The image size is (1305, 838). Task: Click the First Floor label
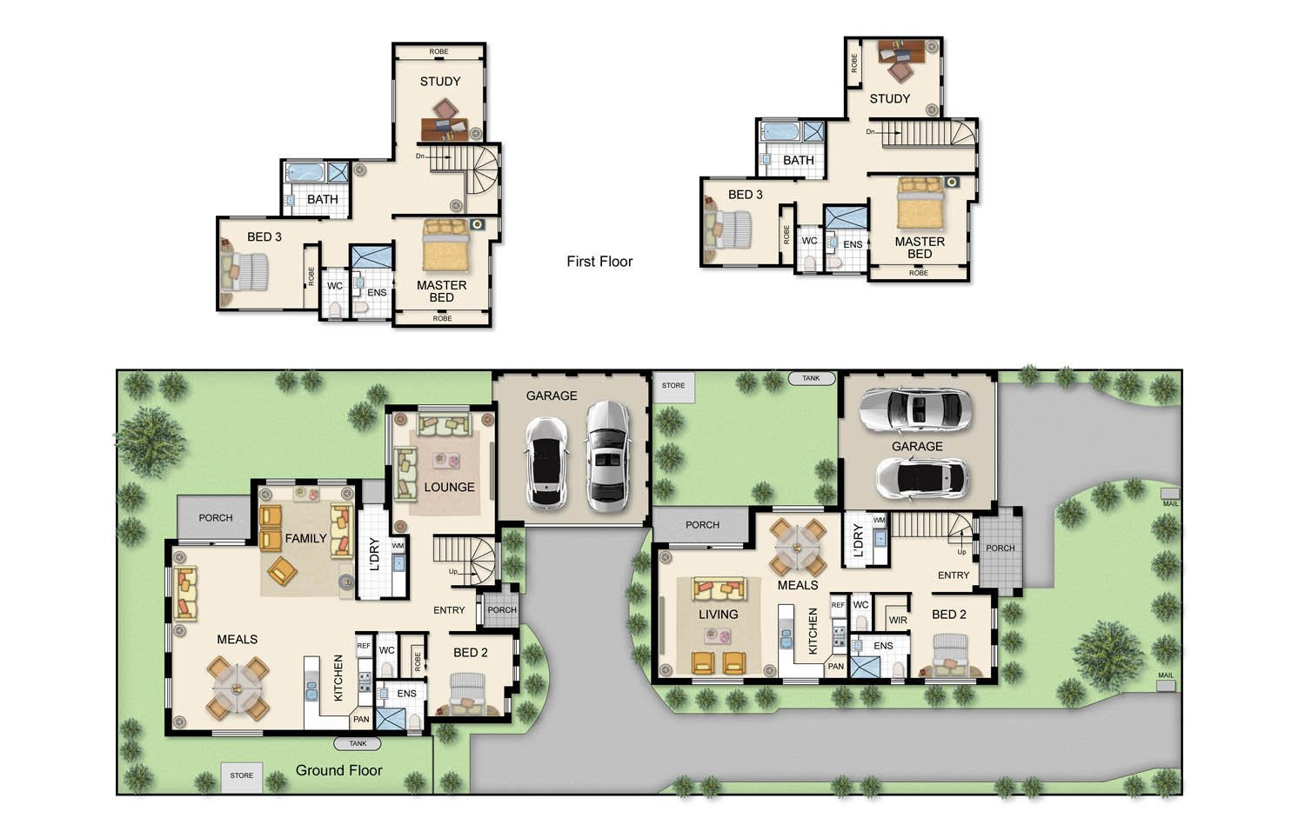(x=599, y=262)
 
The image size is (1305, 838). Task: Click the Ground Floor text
(x=339, y=770)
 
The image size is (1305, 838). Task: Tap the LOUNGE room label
(x=449, y=487)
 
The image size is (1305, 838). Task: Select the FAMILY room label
(x=306, y=539)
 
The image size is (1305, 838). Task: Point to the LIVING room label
(x=719, y=615)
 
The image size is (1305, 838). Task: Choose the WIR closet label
(x=898, y=621)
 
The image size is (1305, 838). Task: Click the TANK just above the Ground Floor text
(x=358, y=744)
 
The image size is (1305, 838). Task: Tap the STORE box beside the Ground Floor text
(x=241, y=776)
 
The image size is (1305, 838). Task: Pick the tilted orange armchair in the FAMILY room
(x=283, y=571)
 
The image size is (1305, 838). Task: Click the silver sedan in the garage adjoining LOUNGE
(x=607, y=457)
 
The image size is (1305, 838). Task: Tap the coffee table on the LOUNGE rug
(x=446, y=461)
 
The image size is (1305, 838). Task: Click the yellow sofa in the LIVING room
(x=719, y=589)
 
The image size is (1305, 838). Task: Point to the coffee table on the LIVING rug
(x=717, y=636)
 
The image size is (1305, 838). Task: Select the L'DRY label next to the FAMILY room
(x=375, y=554)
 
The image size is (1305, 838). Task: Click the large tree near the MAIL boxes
(x=1108, y=655)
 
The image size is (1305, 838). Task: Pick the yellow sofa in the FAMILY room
(x=342, y=530)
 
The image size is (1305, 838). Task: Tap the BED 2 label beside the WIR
(x=949, y=615)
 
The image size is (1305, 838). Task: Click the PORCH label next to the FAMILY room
(x=216, y=518)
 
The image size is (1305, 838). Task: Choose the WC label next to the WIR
(x=861, y=605)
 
